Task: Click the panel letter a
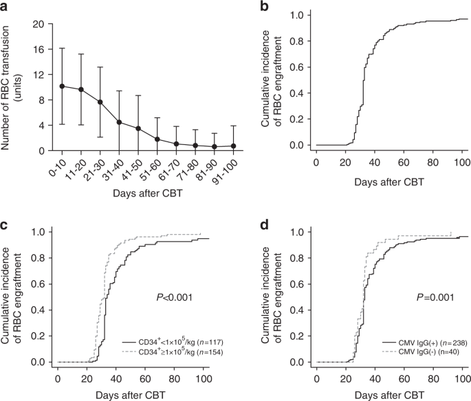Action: tap(6, 7)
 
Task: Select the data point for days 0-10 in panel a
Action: tap(62, 87)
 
